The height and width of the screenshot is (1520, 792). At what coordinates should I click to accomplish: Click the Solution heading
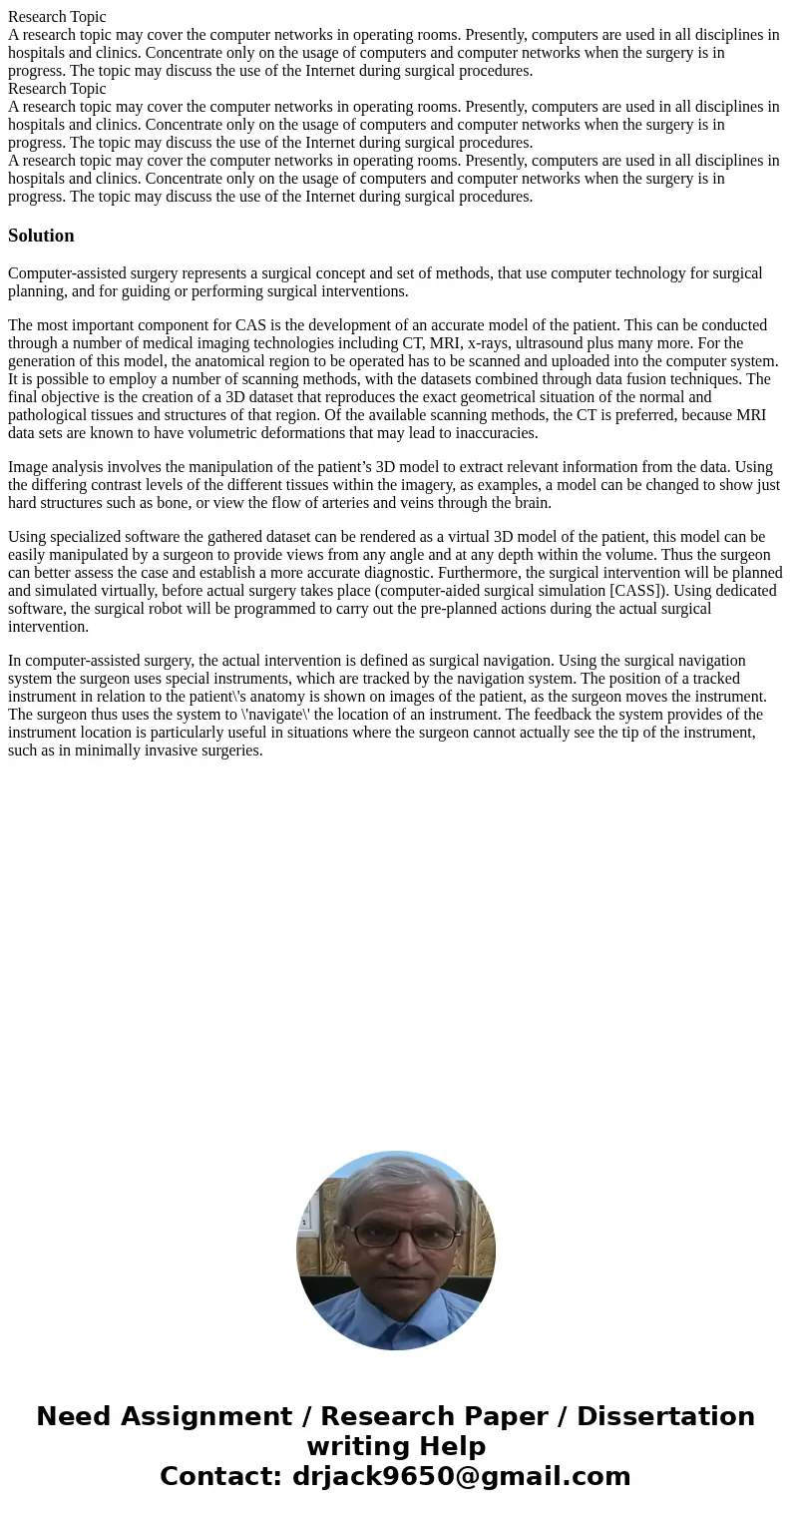[x=41, y=236]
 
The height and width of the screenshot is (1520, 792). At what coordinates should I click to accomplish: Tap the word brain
[x=531, y=503]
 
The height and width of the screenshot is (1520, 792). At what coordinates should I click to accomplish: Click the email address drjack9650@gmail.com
[x=461, y=1477]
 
